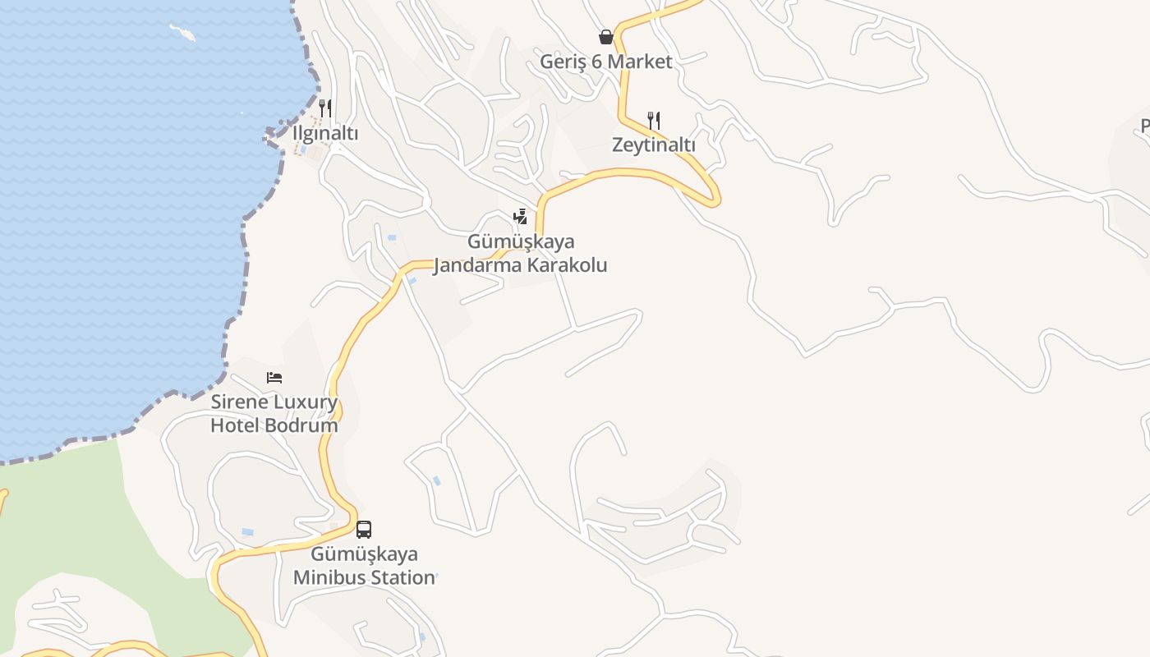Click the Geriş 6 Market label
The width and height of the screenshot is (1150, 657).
click(605, 62)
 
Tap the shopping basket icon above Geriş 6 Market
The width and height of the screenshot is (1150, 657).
click(606, 37)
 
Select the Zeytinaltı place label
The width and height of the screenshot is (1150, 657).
click(653, 145)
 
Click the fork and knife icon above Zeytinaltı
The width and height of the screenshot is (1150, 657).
click(654, 120)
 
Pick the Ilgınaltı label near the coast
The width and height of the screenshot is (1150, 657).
click(325, 133)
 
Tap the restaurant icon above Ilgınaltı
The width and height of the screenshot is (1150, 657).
click(325, 108)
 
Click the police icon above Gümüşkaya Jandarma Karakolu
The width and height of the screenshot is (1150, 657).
click(520, 217)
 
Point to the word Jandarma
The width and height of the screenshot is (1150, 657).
click(476, 265)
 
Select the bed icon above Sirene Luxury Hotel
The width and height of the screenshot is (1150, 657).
click(274, 378)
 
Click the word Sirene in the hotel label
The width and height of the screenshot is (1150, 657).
click(237, 402)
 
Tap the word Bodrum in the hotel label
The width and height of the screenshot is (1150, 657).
click(307, 425)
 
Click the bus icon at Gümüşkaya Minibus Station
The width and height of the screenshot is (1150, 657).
click(364, 530)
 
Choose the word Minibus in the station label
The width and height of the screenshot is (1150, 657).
click(328, 577)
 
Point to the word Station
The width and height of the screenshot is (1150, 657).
click(401, 577)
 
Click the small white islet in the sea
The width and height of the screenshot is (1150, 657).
click(182, 32)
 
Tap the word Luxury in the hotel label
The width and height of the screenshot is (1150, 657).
click(305, 402)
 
